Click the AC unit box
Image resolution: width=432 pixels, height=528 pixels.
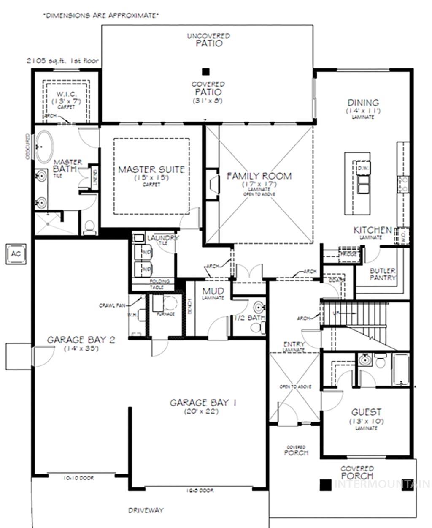click(x=16, y=254)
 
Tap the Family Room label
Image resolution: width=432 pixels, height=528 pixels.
click(x=259, y=176)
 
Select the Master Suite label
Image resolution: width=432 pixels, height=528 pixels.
click(x=151, y=169)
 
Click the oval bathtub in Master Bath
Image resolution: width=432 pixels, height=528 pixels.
click(x=44, y=147)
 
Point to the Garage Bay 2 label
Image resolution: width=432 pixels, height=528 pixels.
click(x=81, y=340)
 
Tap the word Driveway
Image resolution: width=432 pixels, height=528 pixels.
click(x=146, y=510)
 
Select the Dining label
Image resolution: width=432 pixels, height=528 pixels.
click(x=363, y=103)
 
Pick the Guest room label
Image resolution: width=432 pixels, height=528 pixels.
click(x=366, y=412)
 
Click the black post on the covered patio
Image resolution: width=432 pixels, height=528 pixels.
click(x=205, y=71)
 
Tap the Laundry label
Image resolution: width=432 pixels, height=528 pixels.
click(x=163, y=238)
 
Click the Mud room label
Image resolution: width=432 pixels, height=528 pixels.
click(x=213, y=291)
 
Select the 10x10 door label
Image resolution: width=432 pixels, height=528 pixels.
click(x=78, y=478)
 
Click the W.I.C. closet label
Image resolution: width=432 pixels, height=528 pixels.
click(x=66, y=95)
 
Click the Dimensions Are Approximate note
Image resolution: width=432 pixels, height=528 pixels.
click(x=101, y=16)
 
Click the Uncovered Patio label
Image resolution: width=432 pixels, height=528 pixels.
click(x=208, y=40)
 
